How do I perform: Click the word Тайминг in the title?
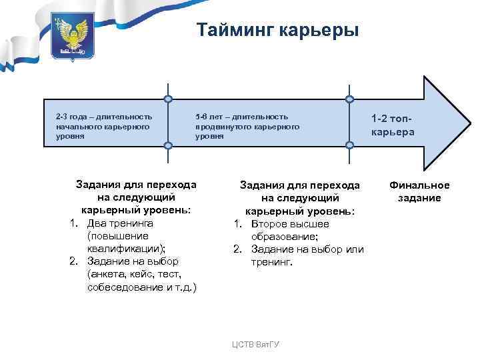click(234, 31)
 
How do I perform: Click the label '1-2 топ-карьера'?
click(393, 125)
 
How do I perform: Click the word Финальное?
click(420, 185)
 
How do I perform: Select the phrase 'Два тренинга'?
click(120, 223)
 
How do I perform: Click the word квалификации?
click(125, 248)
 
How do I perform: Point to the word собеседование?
click(125, 286)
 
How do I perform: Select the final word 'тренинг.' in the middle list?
click(271, 262)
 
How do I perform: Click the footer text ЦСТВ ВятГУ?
click(255, 344)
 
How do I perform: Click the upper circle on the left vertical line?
click(169, 99)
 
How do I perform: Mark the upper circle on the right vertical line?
click(349, 99)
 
